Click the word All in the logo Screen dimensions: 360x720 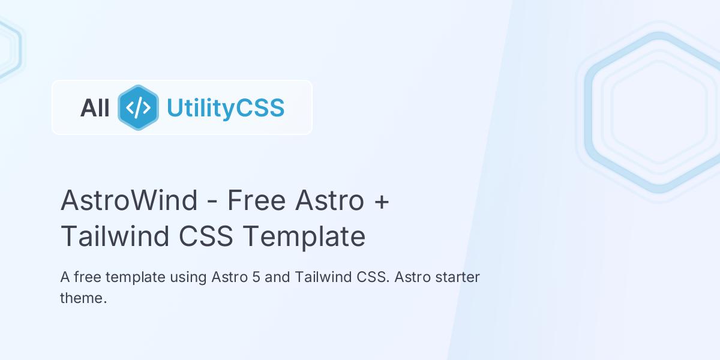click(x=95, y=108)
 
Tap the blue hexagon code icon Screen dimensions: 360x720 click(x=138, y=108)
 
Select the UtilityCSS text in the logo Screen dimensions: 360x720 click(x=225, y=108)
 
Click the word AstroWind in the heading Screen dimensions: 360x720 click(x=129, y=200)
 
